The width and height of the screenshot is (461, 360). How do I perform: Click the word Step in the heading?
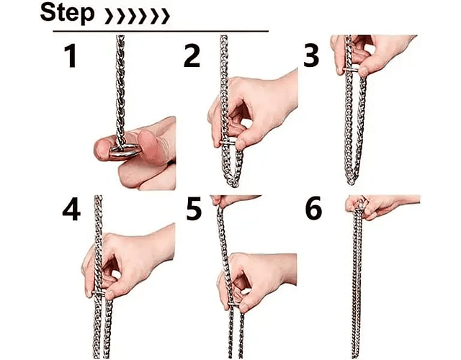tap(67, 13)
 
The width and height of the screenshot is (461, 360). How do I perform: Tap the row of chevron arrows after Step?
tap(138, 16)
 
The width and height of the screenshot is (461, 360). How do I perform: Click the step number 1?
tap(71, 56)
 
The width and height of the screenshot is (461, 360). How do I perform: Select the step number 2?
tap(192, 56)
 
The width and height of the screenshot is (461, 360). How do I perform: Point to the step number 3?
tap(311, 56)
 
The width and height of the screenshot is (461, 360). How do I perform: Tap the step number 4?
tap(71, 209)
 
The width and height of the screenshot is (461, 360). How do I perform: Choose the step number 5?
tap(194, 209)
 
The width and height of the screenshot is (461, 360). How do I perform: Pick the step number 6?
tap(314, 209)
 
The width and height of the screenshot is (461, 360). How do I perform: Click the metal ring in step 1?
tap(125, 150)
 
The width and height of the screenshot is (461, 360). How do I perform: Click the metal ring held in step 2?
tap(228, 143)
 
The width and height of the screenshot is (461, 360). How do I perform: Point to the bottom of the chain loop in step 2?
tap(233, 184)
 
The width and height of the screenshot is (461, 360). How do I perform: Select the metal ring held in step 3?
tap(351, 70)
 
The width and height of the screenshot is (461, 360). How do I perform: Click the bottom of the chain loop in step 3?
tap(351, 181)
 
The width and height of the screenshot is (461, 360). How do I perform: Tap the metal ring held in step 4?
tap(99, 293)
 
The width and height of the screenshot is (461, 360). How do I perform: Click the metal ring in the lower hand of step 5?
tap(233, 305)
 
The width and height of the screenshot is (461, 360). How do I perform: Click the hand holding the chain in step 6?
tap(380, 207)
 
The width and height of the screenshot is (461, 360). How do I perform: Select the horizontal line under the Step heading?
tap(161, 31)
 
